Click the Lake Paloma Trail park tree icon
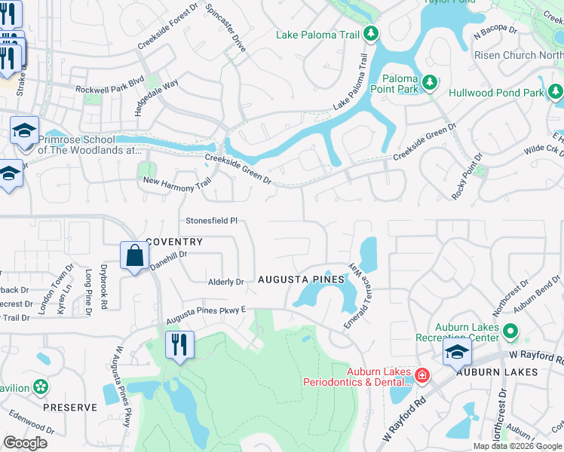click(370, 34)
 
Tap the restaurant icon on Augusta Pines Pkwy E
click(179, 345)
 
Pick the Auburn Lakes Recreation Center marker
click(510, 331)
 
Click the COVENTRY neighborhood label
click(174, 242)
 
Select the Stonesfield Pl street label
click(212, 221)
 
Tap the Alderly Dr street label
click(226, 282)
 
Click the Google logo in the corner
click(25, 443)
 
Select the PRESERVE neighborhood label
click(69, 408)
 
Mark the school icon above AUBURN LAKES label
click(457, 353)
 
